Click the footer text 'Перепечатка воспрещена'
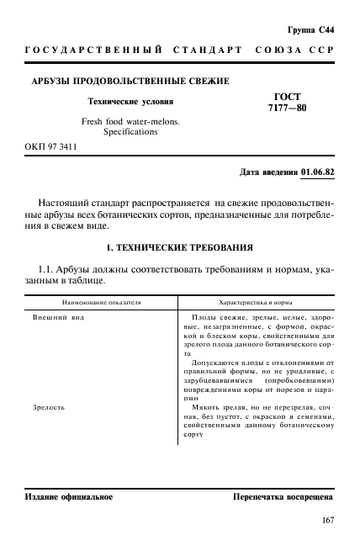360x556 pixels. (283, 496)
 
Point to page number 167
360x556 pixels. (326, 521)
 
